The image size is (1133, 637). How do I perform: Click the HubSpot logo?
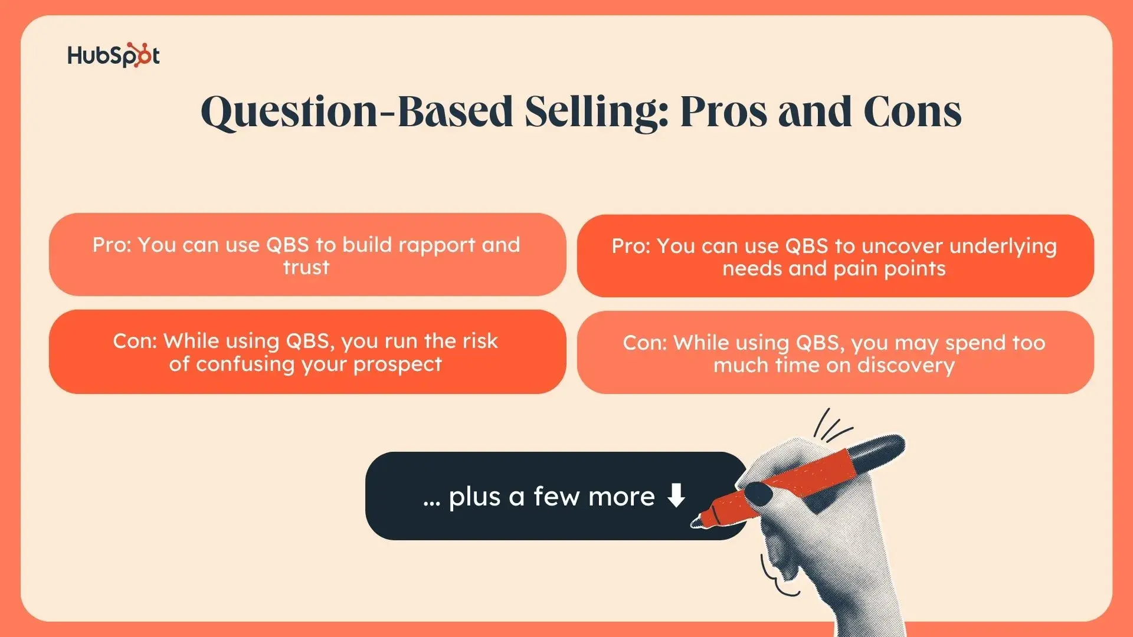click(113, 55)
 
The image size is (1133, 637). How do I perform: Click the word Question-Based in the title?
click(357, 111)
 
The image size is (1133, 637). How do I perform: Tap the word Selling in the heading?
click(597, 111)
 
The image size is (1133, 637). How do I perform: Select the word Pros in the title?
click(723, 111)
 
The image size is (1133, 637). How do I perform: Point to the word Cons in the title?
click(912, 111)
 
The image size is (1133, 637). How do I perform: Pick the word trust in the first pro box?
click(306, 268)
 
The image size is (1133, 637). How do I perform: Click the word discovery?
click(906, 366)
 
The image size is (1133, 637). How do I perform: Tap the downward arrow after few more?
click(676, 495)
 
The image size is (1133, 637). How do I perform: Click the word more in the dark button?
click(621, 497)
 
